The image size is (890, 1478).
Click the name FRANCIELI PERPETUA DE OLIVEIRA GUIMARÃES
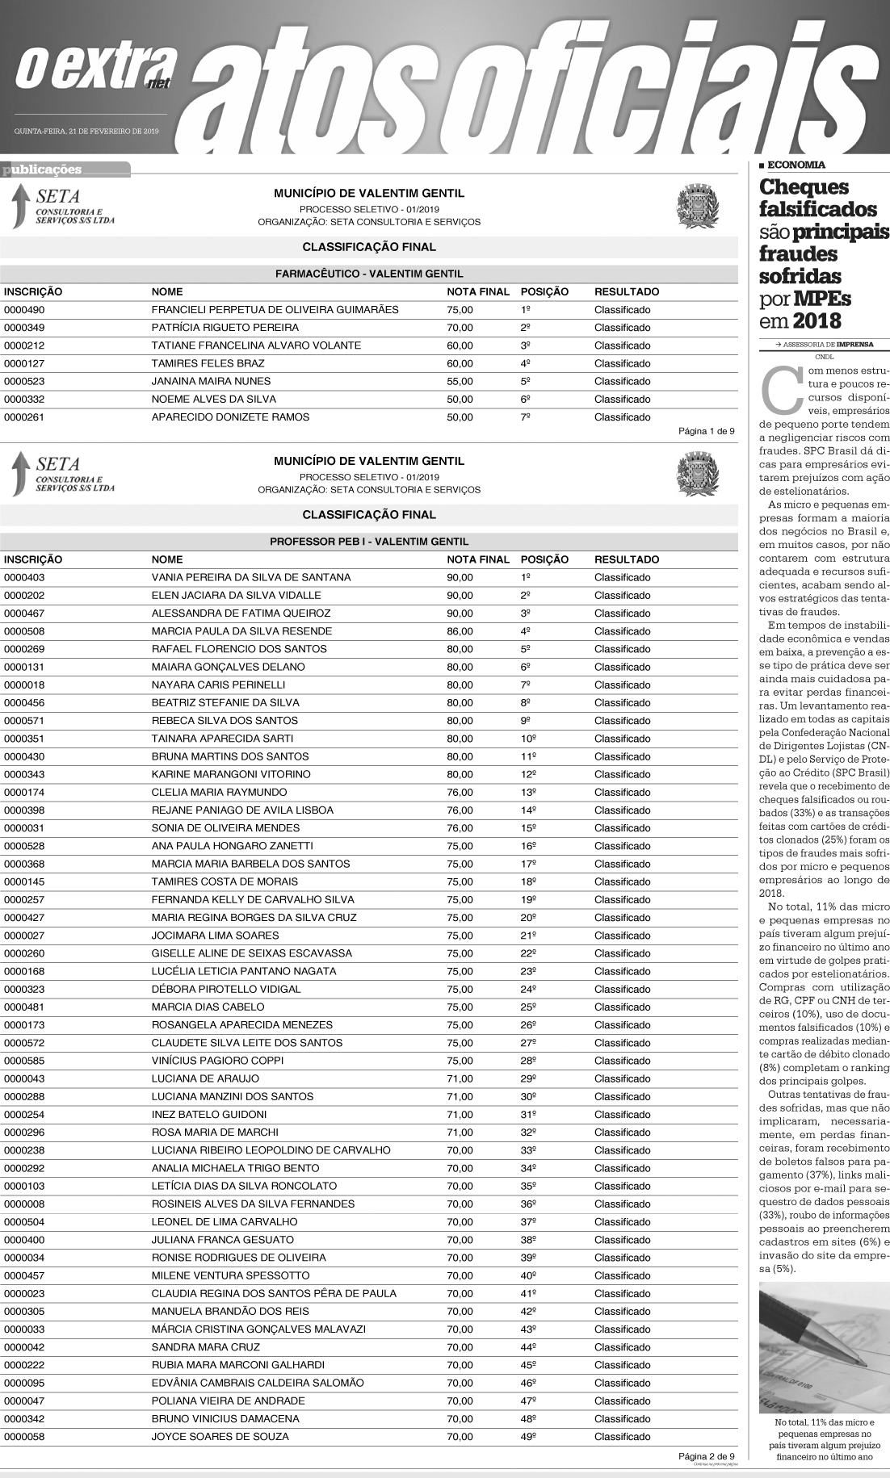point(275,310)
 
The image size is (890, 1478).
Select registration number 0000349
point(23,328)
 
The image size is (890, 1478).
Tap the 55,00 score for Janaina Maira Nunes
point(460,381)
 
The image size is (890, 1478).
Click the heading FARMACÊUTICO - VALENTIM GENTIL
point(369,274)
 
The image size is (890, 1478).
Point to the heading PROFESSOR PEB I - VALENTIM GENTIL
point(369,542)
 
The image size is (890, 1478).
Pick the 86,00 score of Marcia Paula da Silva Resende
point(460,631)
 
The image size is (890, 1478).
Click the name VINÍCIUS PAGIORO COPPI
point(217,1061)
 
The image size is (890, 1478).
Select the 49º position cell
point(528,1437)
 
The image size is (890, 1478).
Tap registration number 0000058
point(23,1437)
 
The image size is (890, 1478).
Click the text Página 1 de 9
point(706,431)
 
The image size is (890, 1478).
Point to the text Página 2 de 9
point(706,1456)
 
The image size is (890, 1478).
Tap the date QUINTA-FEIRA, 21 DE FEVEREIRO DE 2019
point(86,131)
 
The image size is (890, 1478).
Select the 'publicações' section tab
point(43,170)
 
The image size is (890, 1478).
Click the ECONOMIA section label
point(796,165)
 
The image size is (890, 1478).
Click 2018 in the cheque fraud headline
point(817,321)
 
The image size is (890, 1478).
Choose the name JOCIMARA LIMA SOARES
point(215,936)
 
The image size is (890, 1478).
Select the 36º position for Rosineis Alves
point(528,1204)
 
